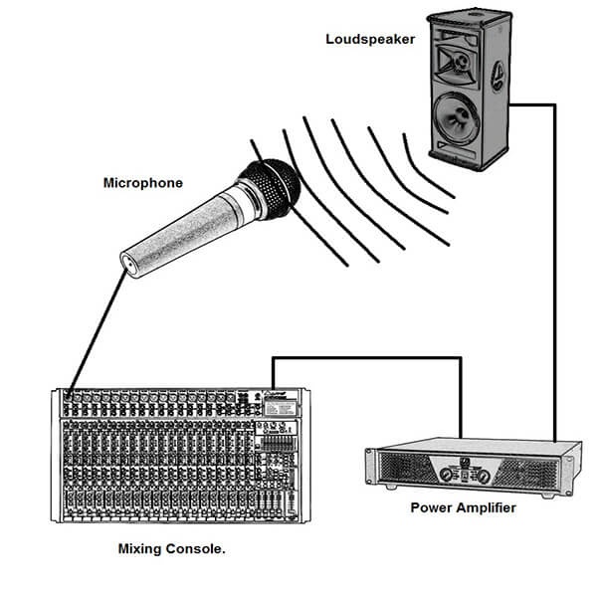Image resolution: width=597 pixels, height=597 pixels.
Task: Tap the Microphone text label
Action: click(142, 183)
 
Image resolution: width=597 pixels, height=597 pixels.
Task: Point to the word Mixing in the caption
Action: click(140, 548)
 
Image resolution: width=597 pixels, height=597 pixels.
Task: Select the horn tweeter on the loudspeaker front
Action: click(461, 59)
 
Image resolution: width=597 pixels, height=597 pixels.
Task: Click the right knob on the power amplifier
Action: click(484, 476)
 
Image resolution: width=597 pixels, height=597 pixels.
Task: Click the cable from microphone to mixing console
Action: click(99, 328)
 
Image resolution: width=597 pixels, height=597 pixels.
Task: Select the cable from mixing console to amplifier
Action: click(368, 357)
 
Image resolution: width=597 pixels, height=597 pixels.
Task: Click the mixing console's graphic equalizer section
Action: click(279, 443)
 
